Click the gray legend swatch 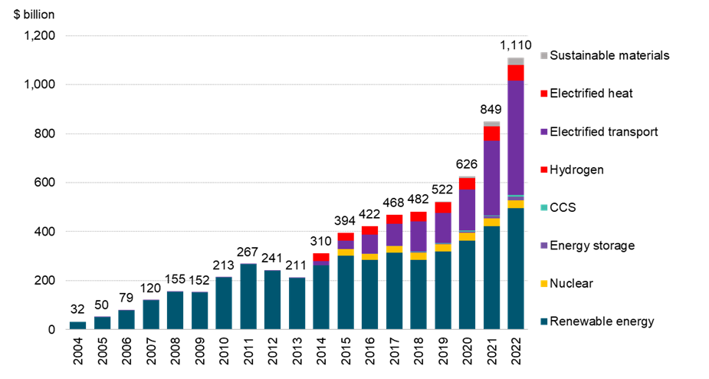544,56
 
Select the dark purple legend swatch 544,132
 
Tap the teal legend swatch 544,208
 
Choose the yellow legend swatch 544,284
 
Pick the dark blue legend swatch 544,321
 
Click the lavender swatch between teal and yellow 544,246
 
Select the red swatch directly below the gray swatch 544,94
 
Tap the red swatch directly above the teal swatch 544,170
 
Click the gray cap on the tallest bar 516,61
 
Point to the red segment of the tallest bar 516,73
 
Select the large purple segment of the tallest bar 516,138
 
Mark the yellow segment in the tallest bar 516,204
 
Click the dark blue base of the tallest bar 516,269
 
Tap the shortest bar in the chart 77,325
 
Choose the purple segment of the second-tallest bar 491,178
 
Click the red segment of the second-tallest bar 491,133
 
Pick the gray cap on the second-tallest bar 491,124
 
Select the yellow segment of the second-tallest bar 491,222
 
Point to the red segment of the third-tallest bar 467,184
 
